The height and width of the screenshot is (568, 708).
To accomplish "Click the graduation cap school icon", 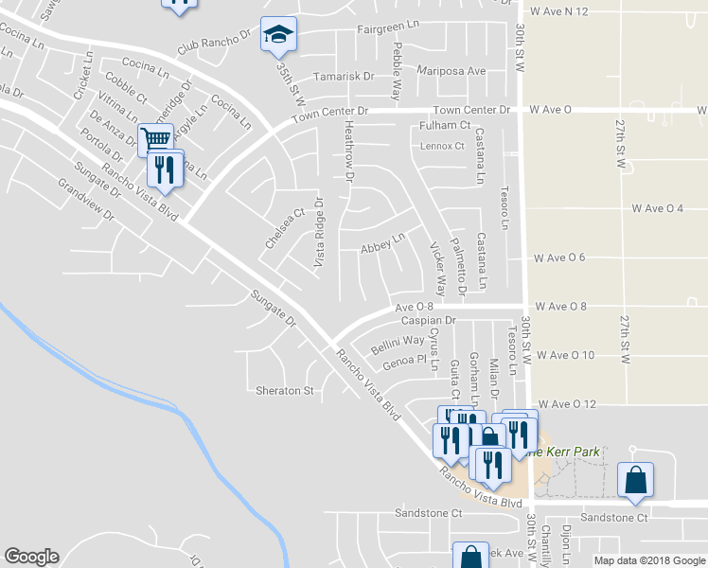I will click(278, 35).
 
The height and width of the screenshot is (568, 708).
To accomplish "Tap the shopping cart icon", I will click(156, 140).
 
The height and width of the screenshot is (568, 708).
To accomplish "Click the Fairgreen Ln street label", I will click(388, 28).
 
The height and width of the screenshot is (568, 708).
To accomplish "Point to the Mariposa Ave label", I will click(452, 71).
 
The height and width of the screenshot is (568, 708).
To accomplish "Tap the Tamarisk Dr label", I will click(345, 76).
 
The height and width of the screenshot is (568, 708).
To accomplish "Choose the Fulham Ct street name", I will click(445, 125).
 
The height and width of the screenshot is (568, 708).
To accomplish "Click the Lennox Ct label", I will click(443, 146).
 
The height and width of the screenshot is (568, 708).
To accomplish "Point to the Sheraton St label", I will click(285, 390).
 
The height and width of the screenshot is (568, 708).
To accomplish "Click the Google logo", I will click(31, 557).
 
